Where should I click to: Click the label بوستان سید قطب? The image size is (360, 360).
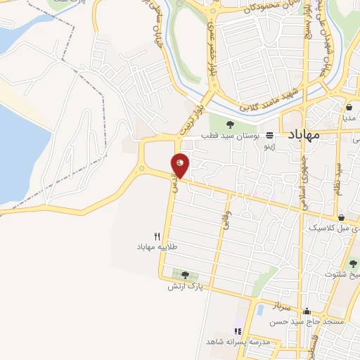tap(231, 135)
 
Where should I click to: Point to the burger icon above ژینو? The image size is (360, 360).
tap(269, 136)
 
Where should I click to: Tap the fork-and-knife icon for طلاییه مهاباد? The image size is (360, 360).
tap(157, 237)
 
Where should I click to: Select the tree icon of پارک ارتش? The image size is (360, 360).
tap(185, 275)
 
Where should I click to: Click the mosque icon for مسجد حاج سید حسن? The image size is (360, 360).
tap(306, 311)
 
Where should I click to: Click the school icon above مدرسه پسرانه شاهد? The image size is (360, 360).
tap(238, 330)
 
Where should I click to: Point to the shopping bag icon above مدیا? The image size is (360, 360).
tap(349, 108)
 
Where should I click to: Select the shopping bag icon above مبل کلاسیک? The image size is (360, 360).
tap(341, 218)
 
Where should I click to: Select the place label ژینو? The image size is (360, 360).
tap(269, 147)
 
